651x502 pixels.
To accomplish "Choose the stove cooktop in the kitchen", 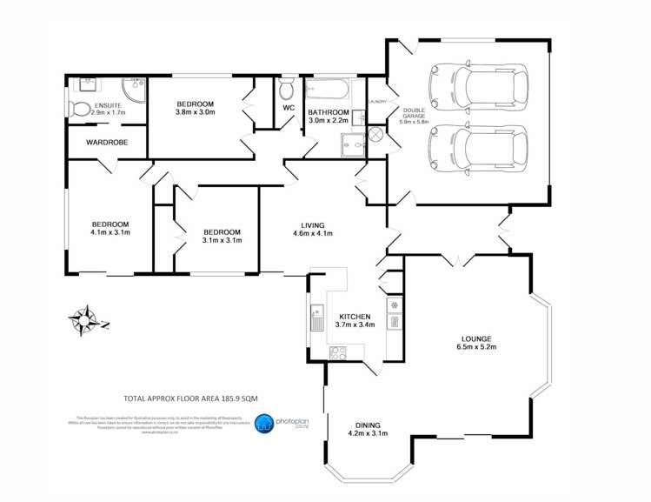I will tap(339, 352).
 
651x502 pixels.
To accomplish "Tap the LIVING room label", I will tap(312, 223).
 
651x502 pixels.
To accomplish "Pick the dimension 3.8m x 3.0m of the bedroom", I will tap(195, 111).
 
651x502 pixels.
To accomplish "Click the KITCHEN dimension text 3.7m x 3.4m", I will tap(355, 325).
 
